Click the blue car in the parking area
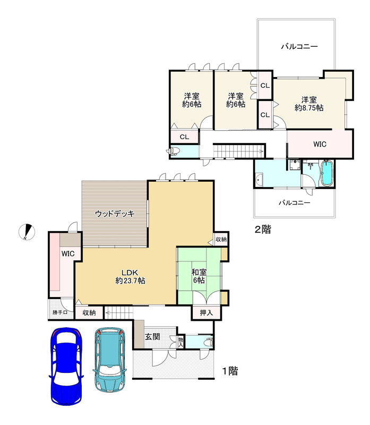coord(66,367)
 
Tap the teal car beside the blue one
coord(110,360)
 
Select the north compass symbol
coord(27,232)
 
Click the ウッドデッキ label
coord(115,214)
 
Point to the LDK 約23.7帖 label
coord(130,276)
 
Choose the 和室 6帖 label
coord(199,276)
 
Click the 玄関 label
coord(152,337)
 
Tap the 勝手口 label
coord(60,312)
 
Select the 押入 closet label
coord(206,312)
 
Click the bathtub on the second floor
coord(327,173)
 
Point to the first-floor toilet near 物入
coord(209,342)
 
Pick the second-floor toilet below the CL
coord(174,151)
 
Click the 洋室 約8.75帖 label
coord(309,104)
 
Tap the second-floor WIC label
coord(320,144)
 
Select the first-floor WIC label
coord(68,254)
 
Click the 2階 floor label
coord(262,229)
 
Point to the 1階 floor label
coord(230,371)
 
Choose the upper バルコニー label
coord(299,47)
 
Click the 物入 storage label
coord(180,342)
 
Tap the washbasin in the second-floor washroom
coord(259,180)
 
